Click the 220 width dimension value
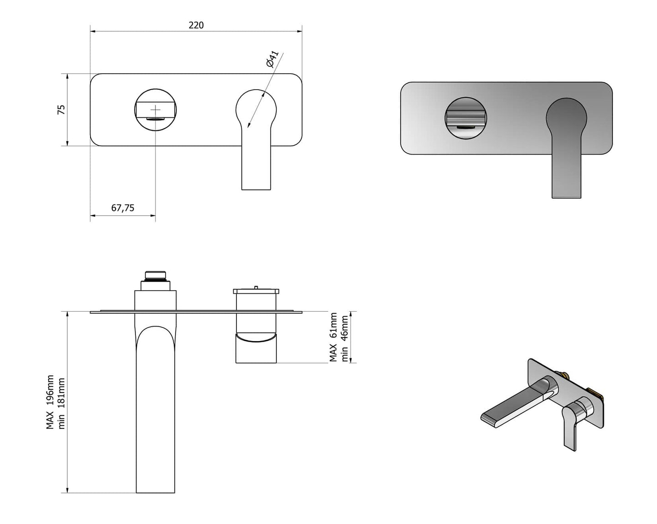click(196, 25)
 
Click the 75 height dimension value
click(61, 110)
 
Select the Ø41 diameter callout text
click(272, 59)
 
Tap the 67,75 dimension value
click(123, 208)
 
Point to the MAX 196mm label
click(50, 402)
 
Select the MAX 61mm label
click(334, 337)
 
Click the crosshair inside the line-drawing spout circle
click(155, 110)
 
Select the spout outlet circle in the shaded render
click(466, 117)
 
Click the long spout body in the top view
click(155, 409)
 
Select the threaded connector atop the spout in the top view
click(155, 276)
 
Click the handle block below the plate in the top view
click(256, 348)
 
